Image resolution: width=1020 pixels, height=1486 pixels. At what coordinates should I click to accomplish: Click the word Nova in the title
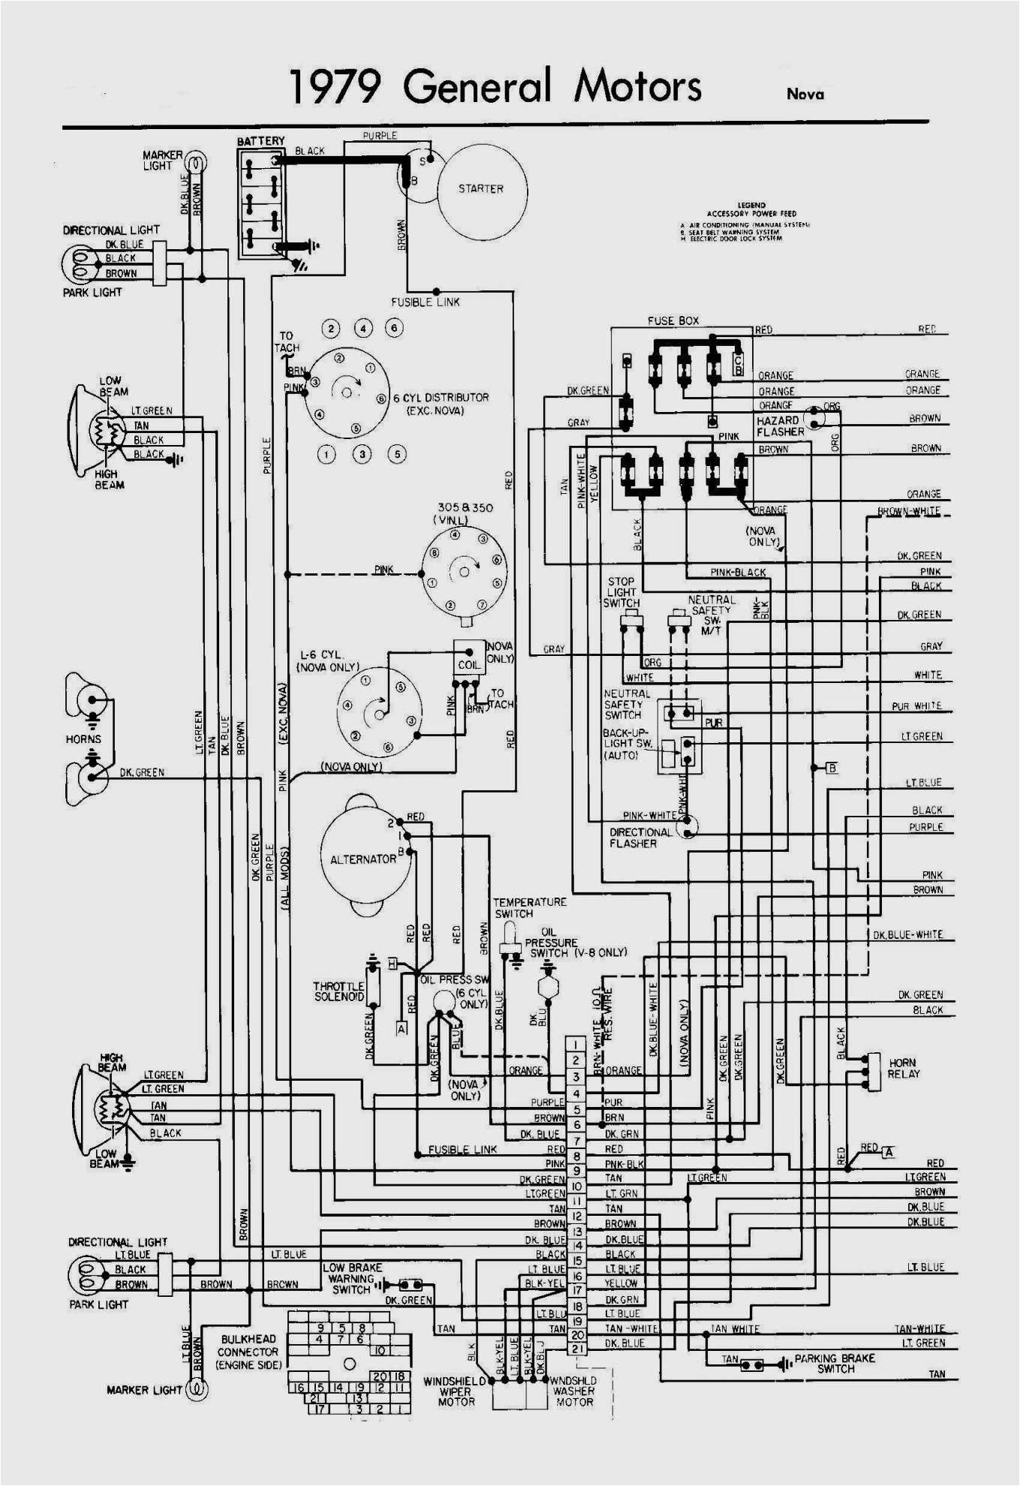coord(805,95)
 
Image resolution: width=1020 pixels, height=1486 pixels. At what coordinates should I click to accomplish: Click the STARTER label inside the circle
coord(481,189)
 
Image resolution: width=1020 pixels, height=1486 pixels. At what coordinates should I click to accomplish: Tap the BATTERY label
coord(261,141)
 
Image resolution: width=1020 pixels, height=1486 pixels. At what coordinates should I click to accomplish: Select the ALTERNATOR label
coord(363,859)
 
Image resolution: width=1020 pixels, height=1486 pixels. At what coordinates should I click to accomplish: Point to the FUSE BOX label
coord(673,321)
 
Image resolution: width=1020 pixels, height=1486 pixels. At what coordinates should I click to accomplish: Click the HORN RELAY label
coord(904,1069)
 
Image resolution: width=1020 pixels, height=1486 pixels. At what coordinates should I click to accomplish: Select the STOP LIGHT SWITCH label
coord(621,592)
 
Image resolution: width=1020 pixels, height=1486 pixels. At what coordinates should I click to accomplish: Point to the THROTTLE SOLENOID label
coord(338,991)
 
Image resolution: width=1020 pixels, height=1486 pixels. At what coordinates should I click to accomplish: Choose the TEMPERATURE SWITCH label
coord(529,908)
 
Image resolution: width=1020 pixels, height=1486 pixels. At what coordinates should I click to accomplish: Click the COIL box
coord(469,665)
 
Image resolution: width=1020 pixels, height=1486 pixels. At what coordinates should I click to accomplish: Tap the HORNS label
coord(83,739)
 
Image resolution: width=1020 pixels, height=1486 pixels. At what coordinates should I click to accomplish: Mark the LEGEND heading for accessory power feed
coord(751,205)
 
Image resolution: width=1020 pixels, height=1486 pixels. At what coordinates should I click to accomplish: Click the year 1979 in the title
coord(335,87)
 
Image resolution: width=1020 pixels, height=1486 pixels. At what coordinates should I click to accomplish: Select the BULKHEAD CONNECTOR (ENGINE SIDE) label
coord(248,1352)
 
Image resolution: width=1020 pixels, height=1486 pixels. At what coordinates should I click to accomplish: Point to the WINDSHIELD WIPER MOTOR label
coord(456,1391)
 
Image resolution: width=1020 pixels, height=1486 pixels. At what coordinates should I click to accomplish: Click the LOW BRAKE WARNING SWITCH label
coord(352,1278)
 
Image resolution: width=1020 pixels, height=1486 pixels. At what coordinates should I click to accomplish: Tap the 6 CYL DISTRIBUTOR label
coord(441,404)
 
